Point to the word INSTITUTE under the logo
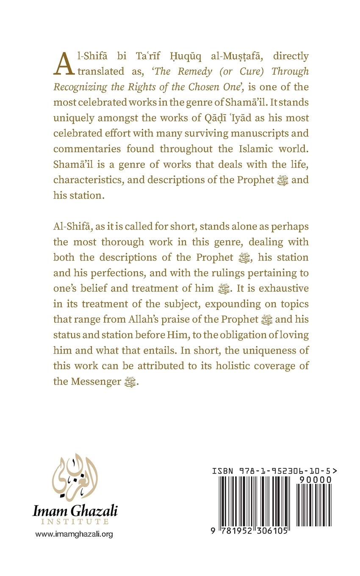point(75,521)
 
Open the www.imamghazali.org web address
point(74,534)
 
